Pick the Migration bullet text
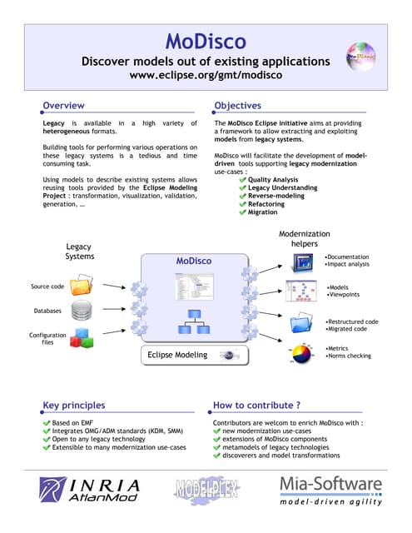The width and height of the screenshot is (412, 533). [x=265, y=212]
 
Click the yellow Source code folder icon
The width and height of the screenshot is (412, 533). [x=82, y=287]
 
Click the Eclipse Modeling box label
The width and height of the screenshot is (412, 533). [x=178, y=356]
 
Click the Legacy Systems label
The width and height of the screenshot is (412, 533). [x=80, y=252]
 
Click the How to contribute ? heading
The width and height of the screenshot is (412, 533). [x=256, y=406]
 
